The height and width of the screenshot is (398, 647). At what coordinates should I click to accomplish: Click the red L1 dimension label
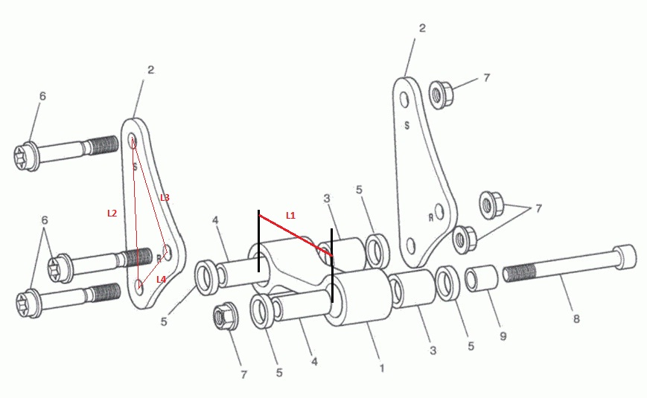coord(290,215)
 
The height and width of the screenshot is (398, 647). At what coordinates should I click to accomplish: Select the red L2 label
coord(112,214)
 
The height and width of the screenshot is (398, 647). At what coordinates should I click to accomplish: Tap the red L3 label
coord(165,198)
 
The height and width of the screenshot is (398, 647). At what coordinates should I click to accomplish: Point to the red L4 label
coord(161,279)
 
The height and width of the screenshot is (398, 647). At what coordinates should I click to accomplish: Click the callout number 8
coord(576,318)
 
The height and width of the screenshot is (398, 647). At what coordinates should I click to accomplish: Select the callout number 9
coord(503,336)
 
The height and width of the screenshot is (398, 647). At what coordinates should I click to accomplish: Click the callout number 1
coord(382,368)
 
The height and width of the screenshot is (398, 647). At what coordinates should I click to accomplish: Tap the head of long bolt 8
coord(625,257)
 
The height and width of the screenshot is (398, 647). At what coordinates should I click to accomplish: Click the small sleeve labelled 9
coord(482,278)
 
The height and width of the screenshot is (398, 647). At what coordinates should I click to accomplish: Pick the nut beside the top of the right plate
coord(441,95)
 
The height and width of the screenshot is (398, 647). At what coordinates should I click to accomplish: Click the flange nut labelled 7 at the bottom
coord(225,317)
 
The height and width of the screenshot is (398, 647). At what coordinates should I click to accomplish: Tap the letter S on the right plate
coord(407,126)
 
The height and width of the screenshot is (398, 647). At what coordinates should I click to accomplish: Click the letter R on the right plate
coord(430,217)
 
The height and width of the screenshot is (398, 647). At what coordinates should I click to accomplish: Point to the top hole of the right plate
coord(405,100)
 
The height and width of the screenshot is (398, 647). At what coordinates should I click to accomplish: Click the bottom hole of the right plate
coord(410,245)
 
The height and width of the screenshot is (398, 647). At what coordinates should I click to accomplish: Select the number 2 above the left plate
coord(150,70)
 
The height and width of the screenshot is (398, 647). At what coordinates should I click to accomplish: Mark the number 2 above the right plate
coord(422,28)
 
